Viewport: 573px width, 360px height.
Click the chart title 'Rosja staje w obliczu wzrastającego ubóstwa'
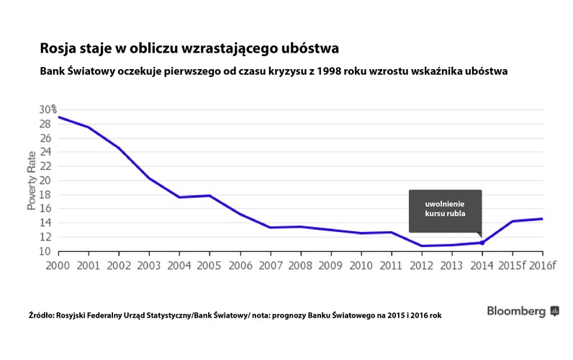(189, 48)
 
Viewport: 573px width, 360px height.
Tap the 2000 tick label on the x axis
(58, 264)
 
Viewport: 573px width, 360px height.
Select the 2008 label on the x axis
(300, 264)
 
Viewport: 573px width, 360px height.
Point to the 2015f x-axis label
(512, 264)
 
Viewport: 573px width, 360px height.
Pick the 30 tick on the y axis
(47, 109)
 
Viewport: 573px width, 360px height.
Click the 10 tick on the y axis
(45, 251)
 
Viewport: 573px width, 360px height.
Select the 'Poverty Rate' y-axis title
(32, 180)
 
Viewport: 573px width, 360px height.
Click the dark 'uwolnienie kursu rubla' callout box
(445, 211)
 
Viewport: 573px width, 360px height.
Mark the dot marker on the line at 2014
(482, 243)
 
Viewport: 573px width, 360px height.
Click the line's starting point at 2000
(58, 117)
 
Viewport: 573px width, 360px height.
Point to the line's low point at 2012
(421, 246)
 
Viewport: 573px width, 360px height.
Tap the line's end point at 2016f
(542, 219)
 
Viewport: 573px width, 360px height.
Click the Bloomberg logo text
(516, 311)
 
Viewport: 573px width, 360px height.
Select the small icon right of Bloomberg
(554, 311)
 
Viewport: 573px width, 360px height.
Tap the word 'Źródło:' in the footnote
(42, 315)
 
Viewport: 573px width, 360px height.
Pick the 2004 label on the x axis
(179, 264)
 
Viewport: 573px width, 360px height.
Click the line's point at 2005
(209, 196)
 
